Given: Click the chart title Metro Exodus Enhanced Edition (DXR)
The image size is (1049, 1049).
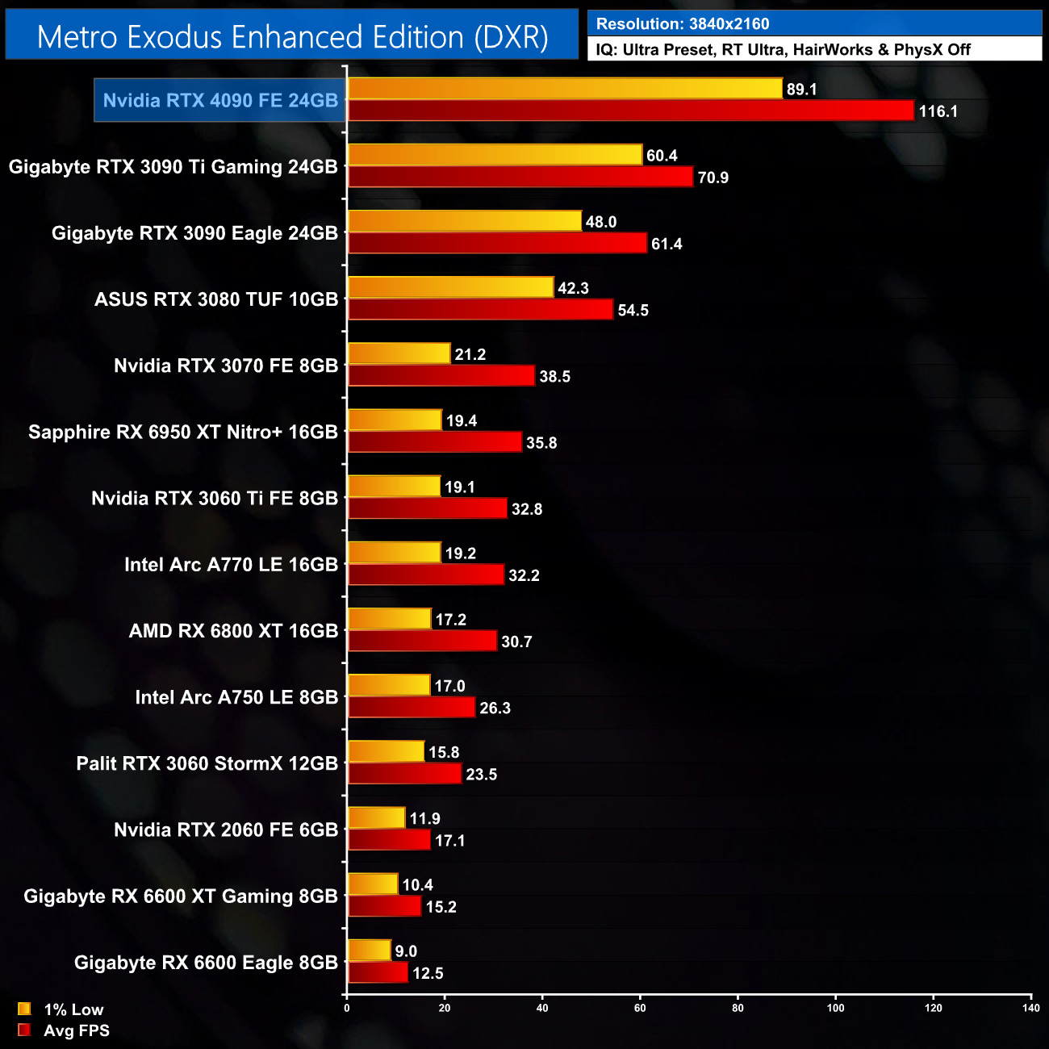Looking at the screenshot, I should [292, 37].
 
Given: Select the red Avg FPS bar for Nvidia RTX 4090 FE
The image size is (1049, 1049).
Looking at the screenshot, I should [630, 111].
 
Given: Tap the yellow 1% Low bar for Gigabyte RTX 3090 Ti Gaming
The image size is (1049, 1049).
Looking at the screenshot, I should [495, 155].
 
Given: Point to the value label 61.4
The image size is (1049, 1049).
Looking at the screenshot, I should [667, 244].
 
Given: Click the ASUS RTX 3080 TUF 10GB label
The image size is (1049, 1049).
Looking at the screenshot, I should [216, 299].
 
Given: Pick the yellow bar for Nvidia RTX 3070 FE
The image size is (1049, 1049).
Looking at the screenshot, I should [399, 353].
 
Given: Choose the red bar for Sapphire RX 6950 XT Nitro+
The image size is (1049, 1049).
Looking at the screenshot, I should [435, 442].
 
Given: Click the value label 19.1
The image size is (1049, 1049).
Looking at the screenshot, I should [460, 487].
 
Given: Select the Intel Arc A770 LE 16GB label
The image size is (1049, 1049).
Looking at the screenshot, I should [231, 565].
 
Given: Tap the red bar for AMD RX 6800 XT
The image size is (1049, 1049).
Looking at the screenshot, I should [422, 641].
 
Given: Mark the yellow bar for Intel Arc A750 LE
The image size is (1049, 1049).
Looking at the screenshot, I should [389, 685].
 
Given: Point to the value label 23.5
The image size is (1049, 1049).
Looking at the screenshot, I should [482, 775].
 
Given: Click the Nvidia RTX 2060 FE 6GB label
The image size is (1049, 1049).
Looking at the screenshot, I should [226, 830].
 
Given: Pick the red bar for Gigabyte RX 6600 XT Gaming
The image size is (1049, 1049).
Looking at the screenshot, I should [384, 906].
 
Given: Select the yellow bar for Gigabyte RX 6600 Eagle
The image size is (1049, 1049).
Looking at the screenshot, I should [369, 951].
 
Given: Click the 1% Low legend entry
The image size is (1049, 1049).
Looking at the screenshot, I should [73, 1009].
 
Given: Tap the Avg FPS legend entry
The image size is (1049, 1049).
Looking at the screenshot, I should [76, 1030].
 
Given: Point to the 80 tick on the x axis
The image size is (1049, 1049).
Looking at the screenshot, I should [738, 1008].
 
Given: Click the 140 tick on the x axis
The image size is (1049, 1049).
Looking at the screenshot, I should [1030, 1008].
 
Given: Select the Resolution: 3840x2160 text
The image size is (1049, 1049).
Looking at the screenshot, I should [683, 24].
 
